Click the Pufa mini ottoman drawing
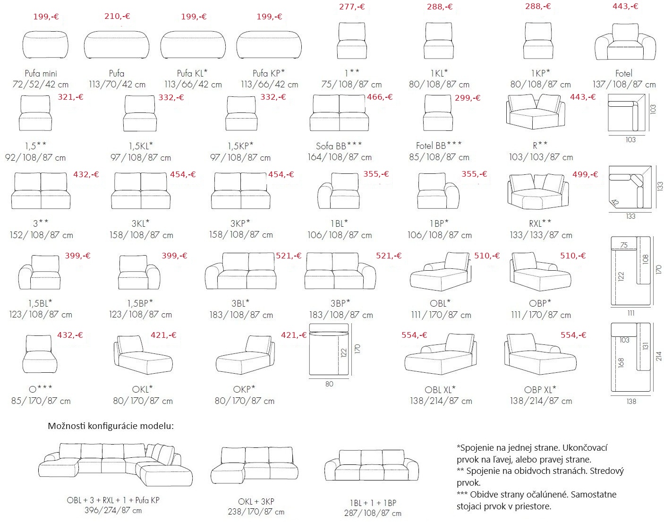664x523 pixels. point(45,45)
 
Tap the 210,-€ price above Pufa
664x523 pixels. point(117,16)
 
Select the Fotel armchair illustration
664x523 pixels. point(625,42)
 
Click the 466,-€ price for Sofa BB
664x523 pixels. point(380,97)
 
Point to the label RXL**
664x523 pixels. point(540,223)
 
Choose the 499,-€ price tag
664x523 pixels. point(585,174)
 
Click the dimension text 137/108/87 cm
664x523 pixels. point(624,84)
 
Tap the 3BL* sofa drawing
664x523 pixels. point(240,271)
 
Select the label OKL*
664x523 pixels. point(142,389)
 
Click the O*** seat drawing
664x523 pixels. point(40,354)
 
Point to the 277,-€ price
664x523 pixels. point(352,7)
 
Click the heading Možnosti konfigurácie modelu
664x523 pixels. point(111,426)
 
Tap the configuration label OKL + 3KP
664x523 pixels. point(256,501)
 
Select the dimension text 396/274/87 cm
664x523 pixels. point(113,510)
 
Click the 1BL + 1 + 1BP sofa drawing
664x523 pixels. point(372,465)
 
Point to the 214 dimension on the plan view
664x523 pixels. point(658,356)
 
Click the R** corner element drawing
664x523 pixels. point(536,111)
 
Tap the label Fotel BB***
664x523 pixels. point(439,146)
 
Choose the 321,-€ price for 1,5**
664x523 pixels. point(70,97)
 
